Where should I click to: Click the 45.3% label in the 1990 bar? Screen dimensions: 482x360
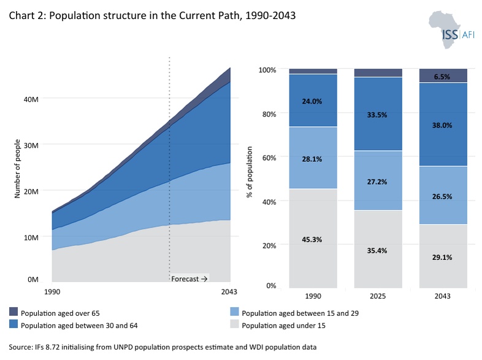pyautogui.click(x=312, y=239)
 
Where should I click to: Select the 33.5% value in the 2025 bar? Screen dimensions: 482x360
pyautogui.click(x=377, y=115)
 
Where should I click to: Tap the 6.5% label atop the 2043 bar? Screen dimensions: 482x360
pyautogui.click(x=442, y=77)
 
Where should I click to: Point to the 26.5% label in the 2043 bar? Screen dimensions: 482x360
pyautogui.click(x=442, y=196)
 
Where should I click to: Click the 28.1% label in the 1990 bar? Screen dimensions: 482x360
pyautogui.click(x=312, y=159)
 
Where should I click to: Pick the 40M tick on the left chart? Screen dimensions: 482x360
pyautogui.click(x=31, y=99)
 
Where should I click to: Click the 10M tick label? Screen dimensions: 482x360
pyautogui.click(x=31, y=237)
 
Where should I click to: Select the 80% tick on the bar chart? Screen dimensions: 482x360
pyautogui.click(x=269, y=114)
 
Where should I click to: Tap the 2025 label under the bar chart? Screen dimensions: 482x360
pyautogui.click(x=378, y=296)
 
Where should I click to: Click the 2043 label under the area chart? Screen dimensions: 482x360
pyautogui.click(x=229, y=291)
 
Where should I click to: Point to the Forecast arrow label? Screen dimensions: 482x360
pyautogui.click(x=189, y=279)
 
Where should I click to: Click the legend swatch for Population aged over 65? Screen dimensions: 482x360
pyautogui.click(x=13, y=312)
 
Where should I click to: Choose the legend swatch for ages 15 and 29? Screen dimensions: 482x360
pyautogui.click(x=234, y=312)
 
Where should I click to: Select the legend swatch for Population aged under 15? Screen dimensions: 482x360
pyautogui.click(x=234, y=324)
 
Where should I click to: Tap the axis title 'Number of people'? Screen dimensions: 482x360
pyautogui.click(x=17, y=169)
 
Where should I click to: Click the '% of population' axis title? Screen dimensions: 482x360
pyautogui.click(x=250, y=172)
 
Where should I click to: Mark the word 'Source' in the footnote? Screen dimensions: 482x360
pyautogui.click(x=20, y=347)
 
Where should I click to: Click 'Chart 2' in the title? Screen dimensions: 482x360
pyautogui.click(x=27, y=15)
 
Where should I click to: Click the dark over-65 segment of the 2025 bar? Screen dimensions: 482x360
pyautogui.click(x=378, y=72)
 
